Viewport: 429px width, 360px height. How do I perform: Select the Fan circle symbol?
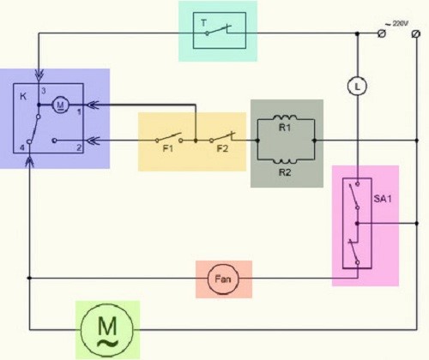(220, 279)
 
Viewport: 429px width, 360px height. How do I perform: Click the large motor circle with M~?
(107, 328)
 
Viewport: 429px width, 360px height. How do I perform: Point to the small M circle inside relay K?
(59, 105)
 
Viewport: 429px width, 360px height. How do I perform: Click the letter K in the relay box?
(22, 93)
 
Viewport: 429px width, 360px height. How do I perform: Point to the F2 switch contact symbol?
(223, 137)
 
